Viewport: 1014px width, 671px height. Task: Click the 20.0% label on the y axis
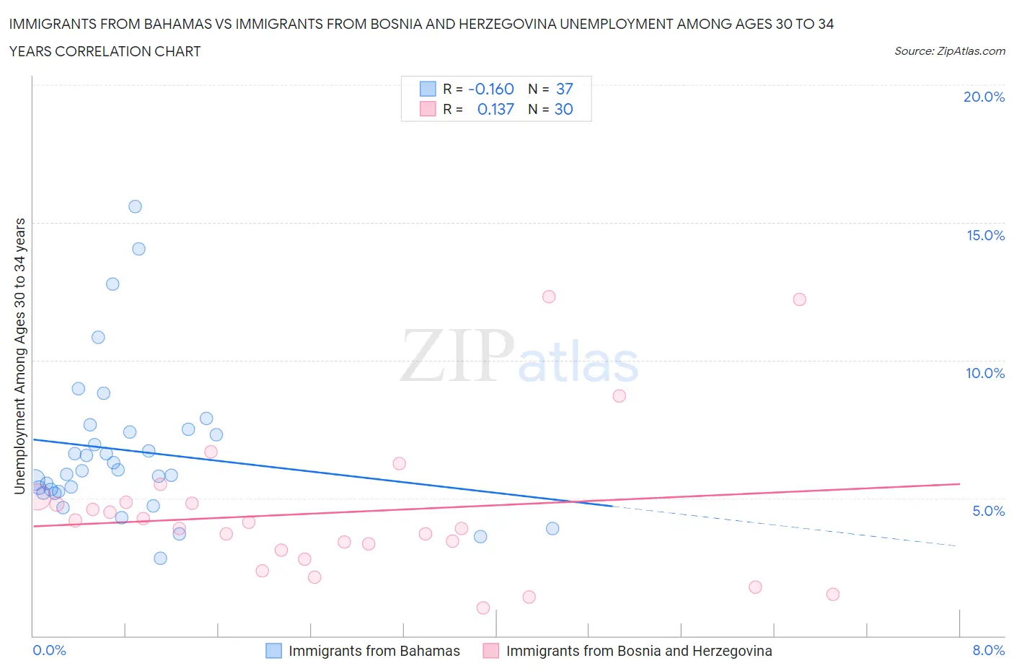pos(984,97)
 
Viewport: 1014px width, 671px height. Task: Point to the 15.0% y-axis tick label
pos(985,235)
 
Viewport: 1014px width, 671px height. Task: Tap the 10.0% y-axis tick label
pos(985,373)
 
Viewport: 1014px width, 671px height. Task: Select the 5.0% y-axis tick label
pos(988,511)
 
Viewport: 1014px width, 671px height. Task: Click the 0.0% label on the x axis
pos(50,650)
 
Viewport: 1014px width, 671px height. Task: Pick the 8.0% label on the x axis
pos(988,650)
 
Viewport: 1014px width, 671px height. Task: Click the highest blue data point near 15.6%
pos(135,206)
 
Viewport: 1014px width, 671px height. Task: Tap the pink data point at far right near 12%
pos(799,299)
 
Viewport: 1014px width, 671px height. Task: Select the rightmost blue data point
pos(552,528)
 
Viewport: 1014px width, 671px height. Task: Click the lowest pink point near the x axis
pos(483,608)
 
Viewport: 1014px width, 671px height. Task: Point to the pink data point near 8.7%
pos(619,395)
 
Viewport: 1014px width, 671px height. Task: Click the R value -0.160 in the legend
pos(490,89)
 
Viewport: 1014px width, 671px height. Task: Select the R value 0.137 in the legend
pos(495,109)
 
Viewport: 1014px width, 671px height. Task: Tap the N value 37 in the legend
pos(564,89)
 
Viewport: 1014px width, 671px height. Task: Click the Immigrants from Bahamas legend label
pos(374,651)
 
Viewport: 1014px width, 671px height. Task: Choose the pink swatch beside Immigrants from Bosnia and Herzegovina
pos(491,651)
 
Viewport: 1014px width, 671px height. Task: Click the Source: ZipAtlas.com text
pos(949,51)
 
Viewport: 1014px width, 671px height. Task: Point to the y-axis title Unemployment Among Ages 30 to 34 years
pos(19,356)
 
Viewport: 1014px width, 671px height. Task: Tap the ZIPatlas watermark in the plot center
pos(519,356)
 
